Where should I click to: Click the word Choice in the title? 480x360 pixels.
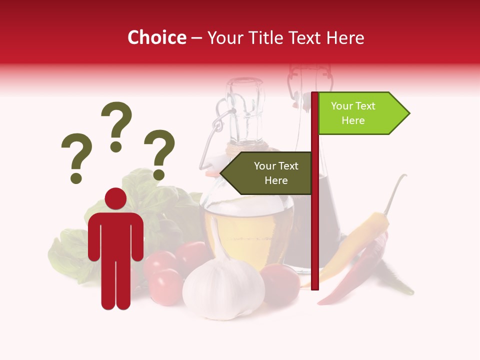[x=156, y=37]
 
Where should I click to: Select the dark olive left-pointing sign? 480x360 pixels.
[x=267, y=173]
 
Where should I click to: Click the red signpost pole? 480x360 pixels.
[x=315, y=225]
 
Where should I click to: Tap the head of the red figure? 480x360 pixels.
[x=115, y=198]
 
